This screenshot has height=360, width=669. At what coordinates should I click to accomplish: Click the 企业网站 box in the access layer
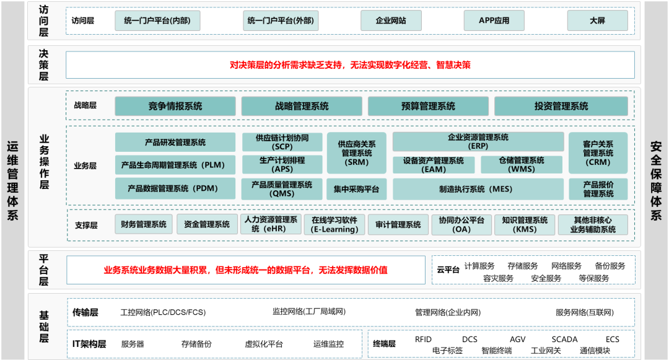(391, 20)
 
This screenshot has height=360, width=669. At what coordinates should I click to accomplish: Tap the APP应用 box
(494, 20)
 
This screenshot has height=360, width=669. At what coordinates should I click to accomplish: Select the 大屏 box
(597, 20)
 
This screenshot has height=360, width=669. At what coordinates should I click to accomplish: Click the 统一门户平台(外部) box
(281, 20)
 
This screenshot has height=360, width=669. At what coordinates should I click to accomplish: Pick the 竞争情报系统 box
(175, 106)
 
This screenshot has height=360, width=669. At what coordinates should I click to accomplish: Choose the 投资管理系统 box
(561, 106)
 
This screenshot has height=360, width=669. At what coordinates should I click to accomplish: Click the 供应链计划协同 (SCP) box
(282, 142)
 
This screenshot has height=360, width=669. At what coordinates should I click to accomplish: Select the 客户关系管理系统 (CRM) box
(598, 152)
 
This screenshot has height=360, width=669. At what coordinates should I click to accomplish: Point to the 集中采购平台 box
(356, 189)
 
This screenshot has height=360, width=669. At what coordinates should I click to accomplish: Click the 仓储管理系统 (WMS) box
(521, 164)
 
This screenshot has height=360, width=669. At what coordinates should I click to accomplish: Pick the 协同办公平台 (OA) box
(461, 224)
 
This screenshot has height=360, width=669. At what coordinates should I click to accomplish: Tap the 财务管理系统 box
(144, 224)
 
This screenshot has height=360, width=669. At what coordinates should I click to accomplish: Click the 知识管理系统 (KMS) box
(525, 224)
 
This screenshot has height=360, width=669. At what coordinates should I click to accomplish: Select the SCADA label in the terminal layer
(564, 339)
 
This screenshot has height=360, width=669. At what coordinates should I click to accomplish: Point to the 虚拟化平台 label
(264, 344)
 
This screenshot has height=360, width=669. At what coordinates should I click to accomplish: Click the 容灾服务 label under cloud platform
(499, 278)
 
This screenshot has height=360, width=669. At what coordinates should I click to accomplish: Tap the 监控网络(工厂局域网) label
(309, 312)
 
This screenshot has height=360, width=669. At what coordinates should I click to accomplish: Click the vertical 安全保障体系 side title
(656, 180)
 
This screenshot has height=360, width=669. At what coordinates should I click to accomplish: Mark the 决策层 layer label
(43, 64)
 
